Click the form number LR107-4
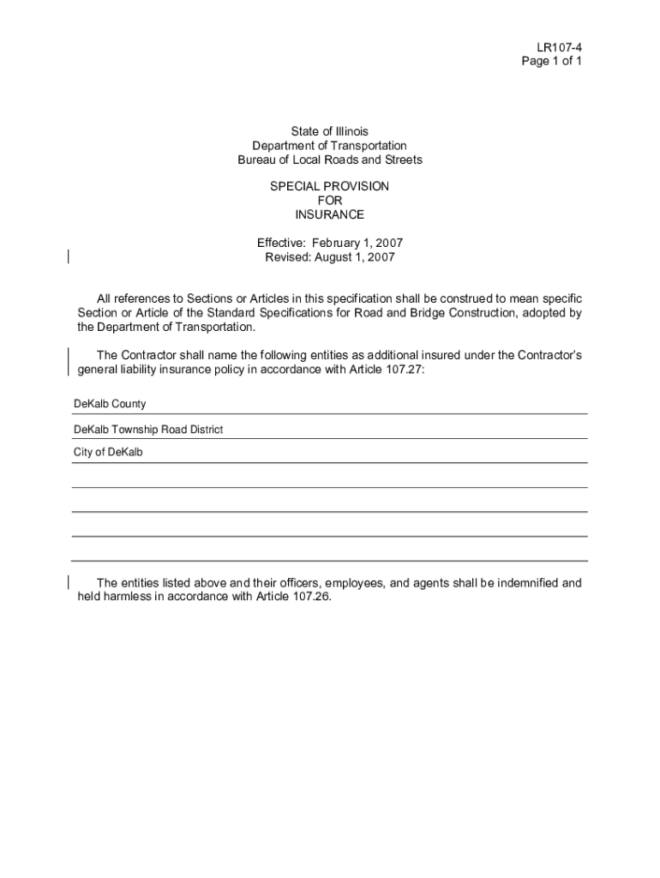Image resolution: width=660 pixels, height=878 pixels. (x=560, y=47)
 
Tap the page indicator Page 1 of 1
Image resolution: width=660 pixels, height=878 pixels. (x=551, y=62)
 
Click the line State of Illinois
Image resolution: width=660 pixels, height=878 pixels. (x=329, y=131)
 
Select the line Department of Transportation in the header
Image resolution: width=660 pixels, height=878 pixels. (x=329, y=146)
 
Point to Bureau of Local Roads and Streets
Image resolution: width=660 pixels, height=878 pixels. (x=329, y=160)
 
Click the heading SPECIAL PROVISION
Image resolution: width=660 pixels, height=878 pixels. (x=329, y=186)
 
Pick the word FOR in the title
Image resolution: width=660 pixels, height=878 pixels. (x=329, y=201)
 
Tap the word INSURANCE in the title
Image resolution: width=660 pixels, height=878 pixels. (x=329, y=214)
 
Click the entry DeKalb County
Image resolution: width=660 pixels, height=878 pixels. (x=110, y=404)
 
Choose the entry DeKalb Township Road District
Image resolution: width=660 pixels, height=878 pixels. (x=148, y=429)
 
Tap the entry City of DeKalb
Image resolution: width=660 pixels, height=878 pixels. (x=108, y=452)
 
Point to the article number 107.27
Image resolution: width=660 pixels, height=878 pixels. (x=402, y=370)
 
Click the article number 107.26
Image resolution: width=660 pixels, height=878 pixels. (x=308, y=598)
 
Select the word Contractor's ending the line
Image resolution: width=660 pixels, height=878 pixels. (x=547, y=356)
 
